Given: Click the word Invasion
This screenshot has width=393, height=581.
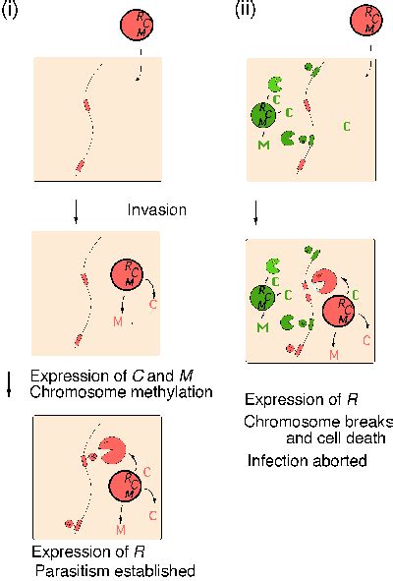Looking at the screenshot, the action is pyautogui.click(x=156, y=209).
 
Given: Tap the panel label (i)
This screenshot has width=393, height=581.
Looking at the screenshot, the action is pyautogui.click(x=10, y=9).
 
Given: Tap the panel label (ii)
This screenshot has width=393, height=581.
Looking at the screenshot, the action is pyautogui.click(x=246, y=9).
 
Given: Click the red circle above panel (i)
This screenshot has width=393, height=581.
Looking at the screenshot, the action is pyautogui.click(x=137, y=25).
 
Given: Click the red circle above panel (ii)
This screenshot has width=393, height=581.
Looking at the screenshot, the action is pyautogui.click(x=365, y=20).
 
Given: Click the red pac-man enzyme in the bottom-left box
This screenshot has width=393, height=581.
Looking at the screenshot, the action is pyautogui.click(x=112, y=450).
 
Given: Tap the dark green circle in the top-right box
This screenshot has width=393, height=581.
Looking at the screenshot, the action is pyautogui.click(x=263, y=115).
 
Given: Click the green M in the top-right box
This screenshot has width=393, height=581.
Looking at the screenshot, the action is pyautogui.click(x=263, y=145).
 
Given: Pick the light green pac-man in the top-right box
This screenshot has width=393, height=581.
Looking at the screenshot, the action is pyautogui.click(x=274, y=85).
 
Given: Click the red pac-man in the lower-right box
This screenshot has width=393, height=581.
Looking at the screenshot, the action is pyautogui.click(x=324, y=281).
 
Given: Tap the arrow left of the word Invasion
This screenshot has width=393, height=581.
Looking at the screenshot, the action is pyautogui.click(x=76, y=212).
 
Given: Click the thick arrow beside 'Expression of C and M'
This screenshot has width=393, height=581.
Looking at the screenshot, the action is pyautogui.click(x=10, y=383).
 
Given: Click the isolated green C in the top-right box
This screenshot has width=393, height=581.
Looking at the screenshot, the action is pyautogui.click(x=346, y=127).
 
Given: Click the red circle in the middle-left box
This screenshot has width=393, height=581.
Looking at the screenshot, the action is pyautogui.click(x=127, y=275).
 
